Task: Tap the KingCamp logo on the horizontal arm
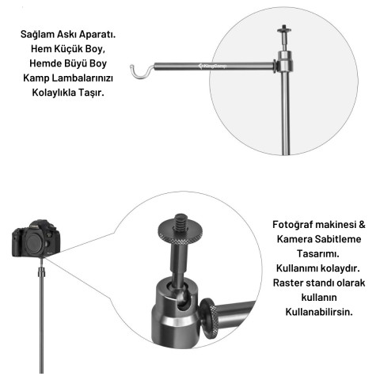pos(212,66)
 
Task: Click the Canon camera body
pos(36,239)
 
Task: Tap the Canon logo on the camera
pos(34,226)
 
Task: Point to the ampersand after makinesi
pos(362,225)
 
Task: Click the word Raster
pos(288,283)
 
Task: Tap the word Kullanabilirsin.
pos(319,312)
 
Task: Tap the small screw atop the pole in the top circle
pos(284,31)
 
